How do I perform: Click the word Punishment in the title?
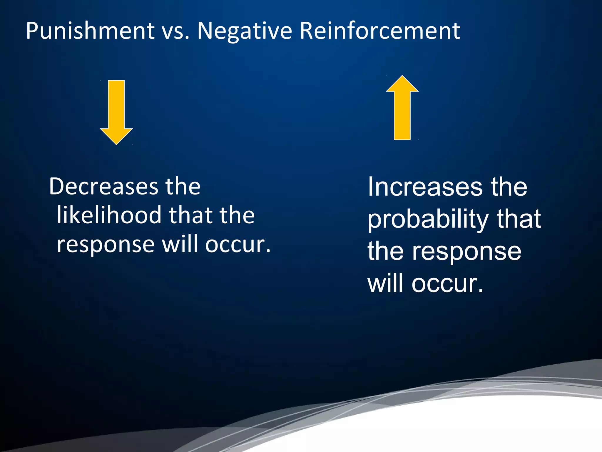click(90, 31)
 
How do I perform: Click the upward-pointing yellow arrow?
click(402, 112)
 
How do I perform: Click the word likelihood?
click(109, 215)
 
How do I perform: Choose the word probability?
click(428, 220)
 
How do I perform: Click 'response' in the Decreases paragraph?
click(106, 245)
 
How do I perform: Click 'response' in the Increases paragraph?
click(466, 252)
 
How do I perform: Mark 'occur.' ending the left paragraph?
click(238, 245)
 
